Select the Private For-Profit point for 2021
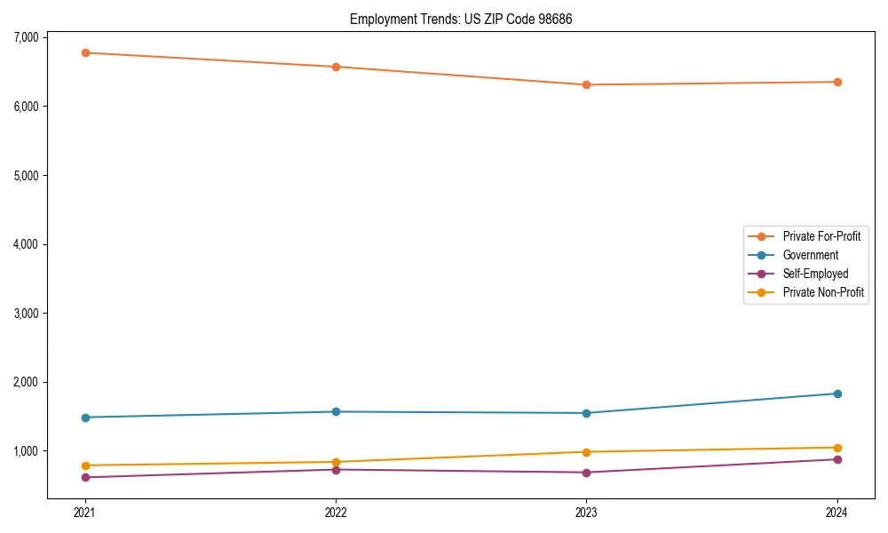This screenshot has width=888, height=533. pos(85,52)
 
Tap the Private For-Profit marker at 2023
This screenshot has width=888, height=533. pos(586,84)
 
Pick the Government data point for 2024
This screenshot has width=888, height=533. pos(837,394)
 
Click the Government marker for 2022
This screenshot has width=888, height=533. pos(336,411)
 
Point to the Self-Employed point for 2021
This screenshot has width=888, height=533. pos(85,477)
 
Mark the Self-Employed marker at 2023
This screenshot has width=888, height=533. pos(586,473)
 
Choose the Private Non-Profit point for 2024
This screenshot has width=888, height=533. pos(837,448)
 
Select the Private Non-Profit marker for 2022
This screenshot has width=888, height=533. pos(336,462)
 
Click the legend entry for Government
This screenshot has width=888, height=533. pos(810,255)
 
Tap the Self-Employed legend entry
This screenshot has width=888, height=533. pos(815,274)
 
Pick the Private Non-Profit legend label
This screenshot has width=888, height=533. pos(823,292)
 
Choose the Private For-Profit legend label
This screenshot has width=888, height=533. pos(821,236)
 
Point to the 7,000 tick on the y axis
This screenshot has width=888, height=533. pos(26,37)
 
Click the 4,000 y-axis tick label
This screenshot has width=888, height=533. pos(26,244)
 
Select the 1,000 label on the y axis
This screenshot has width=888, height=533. pos(26,451)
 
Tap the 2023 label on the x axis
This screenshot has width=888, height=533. pos(586,512)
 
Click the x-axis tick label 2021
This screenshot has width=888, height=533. pos(85,512)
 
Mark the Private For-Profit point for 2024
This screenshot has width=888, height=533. pos(837,82)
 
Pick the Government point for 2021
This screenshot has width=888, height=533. pos(85,418)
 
